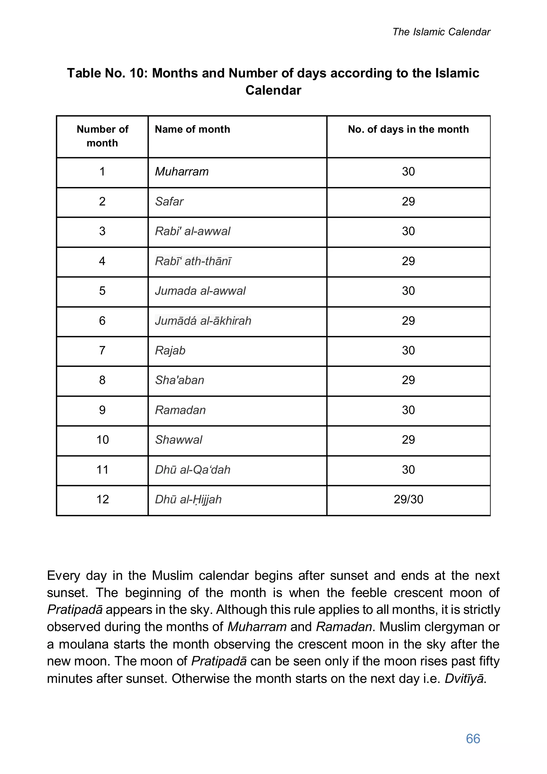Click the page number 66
tap(473, 738)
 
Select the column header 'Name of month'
tap(192, 129)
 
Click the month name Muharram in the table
tap(182, 172)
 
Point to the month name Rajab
tap(170, 351)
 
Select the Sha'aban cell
tap(179, 380)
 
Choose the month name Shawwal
tap(178, 440)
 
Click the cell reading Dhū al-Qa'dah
tap(192, 470)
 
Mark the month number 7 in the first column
tap(102, 351)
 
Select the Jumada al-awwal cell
tap(200, 291)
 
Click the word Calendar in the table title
tap(273, 90)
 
